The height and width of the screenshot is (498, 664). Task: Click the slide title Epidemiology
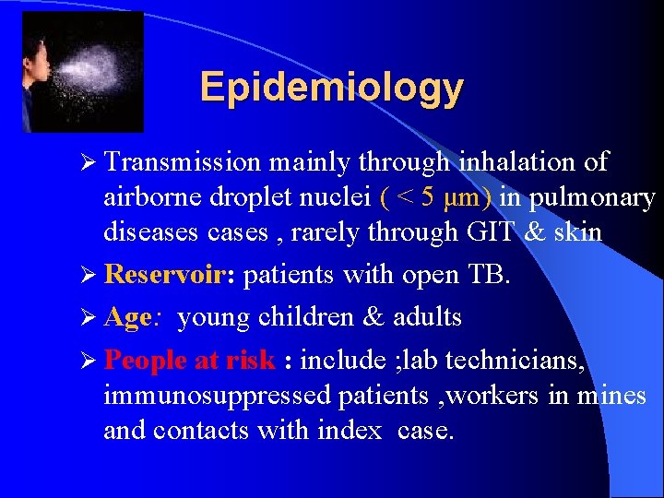click(331, 88)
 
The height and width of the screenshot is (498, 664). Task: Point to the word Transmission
click(183, 162)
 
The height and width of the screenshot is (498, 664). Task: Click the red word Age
click(127, 317)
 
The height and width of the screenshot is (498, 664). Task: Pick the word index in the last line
click(345, 430)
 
